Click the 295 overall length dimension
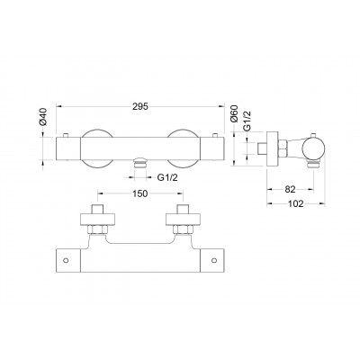(x=140, y=106)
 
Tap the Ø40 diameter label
(x=43, y=116)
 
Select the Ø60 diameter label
(x=233, y=113)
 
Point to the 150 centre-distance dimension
(x=140, y=193)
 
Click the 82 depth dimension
(x=290, y=189)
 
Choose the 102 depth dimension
(x=295, y=204)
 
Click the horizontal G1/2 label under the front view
(x=167, y=177)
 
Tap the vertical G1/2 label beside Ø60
(x=247, y=121)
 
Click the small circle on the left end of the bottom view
(x=67, y=260)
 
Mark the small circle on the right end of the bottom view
(x=214, y=260)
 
